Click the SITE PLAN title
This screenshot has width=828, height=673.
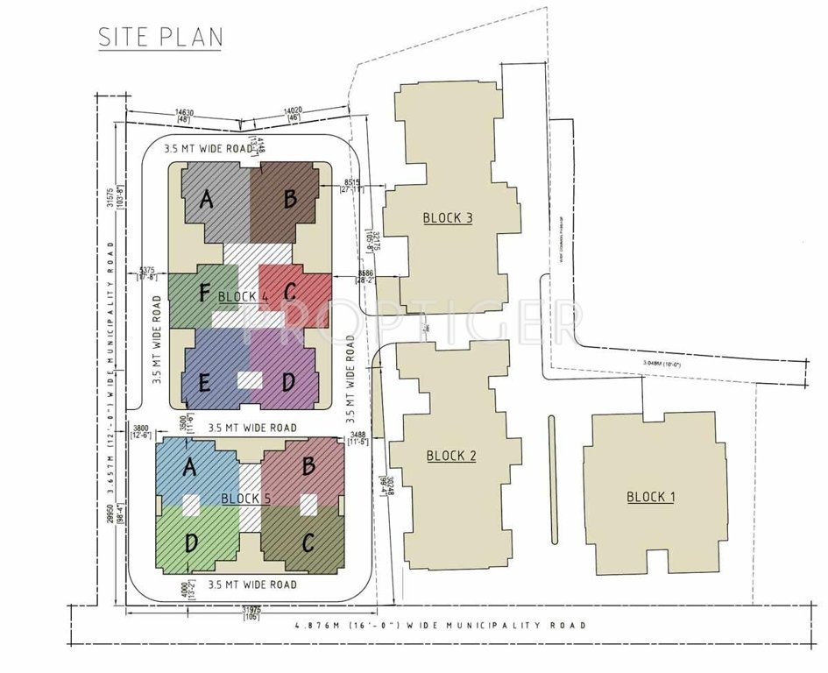coord(160,37)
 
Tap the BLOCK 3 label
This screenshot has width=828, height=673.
coord(448,217)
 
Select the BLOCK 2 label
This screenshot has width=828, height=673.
coord(451,456)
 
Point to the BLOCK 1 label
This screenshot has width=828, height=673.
coord(651,497)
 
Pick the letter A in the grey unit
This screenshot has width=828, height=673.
coord(207,200)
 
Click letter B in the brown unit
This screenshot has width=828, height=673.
coord(289,200)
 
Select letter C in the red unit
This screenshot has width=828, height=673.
coord(289,291)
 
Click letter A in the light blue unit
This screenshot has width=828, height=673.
coord(188,469)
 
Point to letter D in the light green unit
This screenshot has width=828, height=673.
coord(190,543)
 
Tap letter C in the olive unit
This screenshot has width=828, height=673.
coord(307,543)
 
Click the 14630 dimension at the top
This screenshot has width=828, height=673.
coord(184,112)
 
